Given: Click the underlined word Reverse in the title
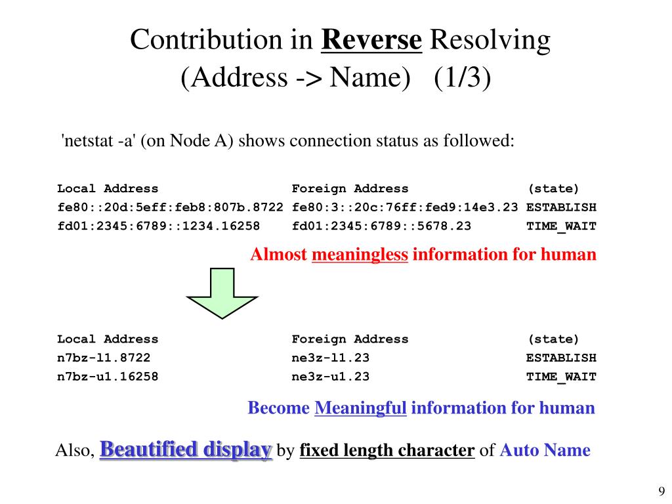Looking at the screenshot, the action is tap(371, 41).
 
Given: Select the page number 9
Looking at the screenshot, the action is tap(661, 492).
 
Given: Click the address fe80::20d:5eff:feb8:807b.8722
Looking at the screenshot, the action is tap(170, 207).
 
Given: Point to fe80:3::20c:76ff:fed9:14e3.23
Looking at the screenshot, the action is tap(405, 207).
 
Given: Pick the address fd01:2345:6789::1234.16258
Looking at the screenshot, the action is tap(158, 226).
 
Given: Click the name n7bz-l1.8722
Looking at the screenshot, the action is tap(104, 358).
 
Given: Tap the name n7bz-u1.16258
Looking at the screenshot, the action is tap(108, 377).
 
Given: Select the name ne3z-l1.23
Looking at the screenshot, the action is tap(331, 358).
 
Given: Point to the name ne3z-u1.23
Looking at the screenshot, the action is tap(331, 377).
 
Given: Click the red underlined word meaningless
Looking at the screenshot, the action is tap(360, 255).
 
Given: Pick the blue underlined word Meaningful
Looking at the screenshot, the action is tap(361, 408).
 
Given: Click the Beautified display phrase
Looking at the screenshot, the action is tap(186, 450).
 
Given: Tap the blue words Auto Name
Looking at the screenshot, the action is tap(545, 451).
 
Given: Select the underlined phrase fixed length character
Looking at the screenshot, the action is tap(387, 451).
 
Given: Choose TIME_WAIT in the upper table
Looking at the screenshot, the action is tap(561, 226).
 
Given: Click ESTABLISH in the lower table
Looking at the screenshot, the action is tap(561, 358).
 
